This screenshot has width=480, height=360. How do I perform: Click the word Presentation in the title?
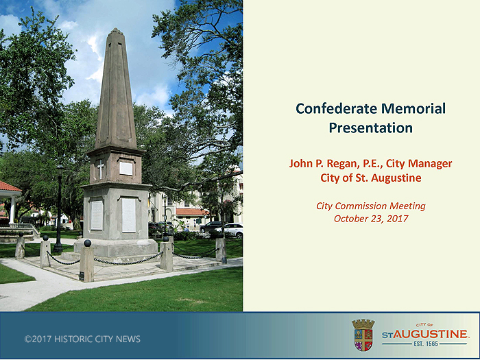pos(371,128)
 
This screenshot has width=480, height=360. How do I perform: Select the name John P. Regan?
pos(323,163)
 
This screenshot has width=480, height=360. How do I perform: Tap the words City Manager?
pos(419,163)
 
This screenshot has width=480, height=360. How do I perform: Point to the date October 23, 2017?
pos(371,219)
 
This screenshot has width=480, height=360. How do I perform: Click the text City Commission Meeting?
pos(371,206)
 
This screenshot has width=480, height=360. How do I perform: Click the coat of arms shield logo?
pos(363,335)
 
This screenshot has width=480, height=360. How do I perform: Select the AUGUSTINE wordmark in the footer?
pos(430,334)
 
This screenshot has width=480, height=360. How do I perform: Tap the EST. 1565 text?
pos(426,344)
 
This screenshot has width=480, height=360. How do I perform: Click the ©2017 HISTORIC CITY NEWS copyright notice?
pos(82,339)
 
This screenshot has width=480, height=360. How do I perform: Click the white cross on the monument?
pos(100,169)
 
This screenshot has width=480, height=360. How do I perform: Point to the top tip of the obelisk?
pos(115,28)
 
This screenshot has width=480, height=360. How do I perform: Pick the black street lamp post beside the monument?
pos(59,208)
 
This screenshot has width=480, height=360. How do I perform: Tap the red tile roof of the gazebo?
pos(9,186)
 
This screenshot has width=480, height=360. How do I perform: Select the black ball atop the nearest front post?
pos(88,243)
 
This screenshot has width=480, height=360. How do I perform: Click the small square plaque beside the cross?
pos(125,169)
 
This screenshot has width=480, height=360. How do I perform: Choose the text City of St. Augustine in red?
pos(371,178)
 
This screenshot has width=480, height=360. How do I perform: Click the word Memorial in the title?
pos(413,108)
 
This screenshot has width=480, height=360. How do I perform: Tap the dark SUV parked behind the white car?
pos(210,226)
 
